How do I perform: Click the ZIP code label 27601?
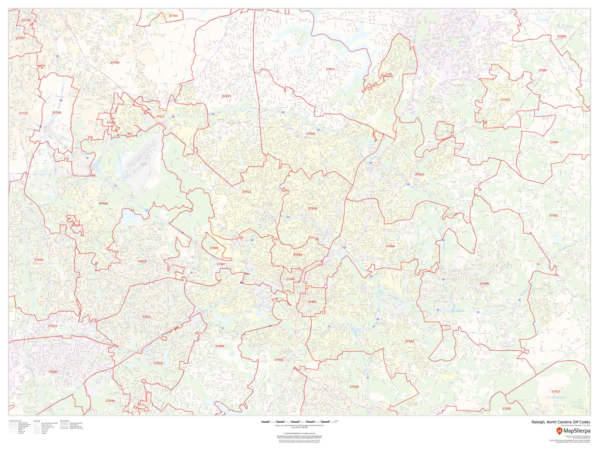point(312,301)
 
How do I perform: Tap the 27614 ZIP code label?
point(330,69)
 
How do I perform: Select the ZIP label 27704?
point(173,16)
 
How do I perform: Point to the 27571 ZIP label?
point(505,100)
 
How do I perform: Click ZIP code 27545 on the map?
point(484,284)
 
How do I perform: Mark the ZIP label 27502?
point(53,372)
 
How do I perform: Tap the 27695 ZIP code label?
point(214,248)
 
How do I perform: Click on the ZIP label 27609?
point(312,208)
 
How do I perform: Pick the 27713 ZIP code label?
point(23,113)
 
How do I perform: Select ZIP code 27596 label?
point(562,36)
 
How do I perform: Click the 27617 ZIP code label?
point(160,116)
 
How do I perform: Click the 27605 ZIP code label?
point(290,279)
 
